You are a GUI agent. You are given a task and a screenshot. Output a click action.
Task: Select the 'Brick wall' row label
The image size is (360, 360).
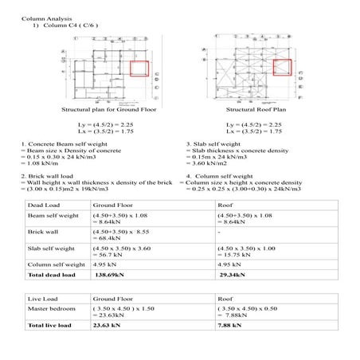point(43,231)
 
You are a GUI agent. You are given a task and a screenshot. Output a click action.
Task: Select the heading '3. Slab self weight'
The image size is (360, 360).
point(213,144)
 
